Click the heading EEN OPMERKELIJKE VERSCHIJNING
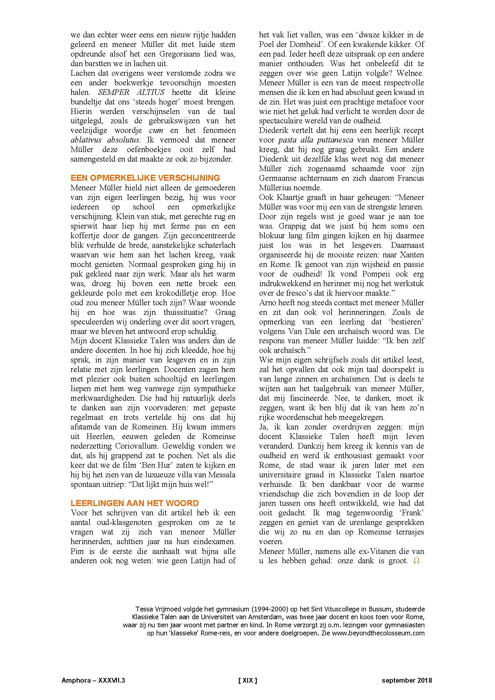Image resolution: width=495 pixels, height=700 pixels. pyautogui.click(x=145, y=178)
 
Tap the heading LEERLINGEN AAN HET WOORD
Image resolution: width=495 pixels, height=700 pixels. pyautogui.click(x=134, y=503)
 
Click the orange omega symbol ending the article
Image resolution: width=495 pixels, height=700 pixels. pyautogui.click(x=416, y=561)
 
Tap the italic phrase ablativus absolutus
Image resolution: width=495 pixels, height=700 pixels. pyautogui.click(x=105, y=140)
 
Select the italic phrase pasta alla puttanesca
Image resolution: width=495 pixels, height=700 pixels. pyautogui.click(x=316, y=140)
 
